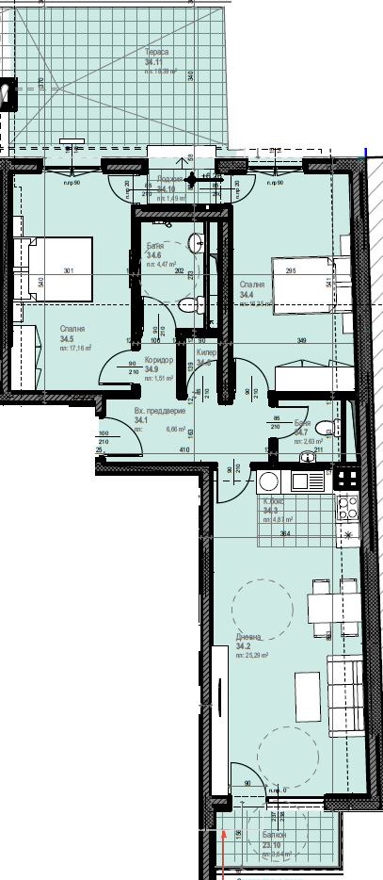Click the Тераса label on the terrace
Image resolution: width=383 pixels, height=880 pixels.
[x=156, y=53]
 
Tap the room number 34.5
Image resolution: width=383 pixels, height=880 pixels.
[x=67, y=338]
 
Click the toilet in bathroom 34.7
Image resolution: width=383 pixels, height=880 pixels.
[x=325, y=425]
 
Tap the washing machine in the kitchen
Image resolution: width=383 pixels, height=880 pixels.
[x=267, y=481]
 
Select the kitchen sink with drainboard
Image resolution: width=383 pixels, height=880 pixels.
[x=307, y=481]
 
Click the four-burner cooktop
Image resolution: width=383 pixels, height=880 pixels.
[x=346, y=509]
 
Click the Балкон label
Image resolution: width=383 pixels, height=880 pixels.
[x=274, y=835]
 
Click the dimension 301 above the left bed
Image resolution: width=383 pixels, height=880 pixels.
[x=68, y=271]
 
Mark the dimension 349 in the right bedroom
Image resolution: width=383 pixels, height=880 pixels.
[x=302, y=340]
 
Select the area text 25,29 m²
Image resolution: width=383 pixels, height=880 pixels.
[x=253, y=656]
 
